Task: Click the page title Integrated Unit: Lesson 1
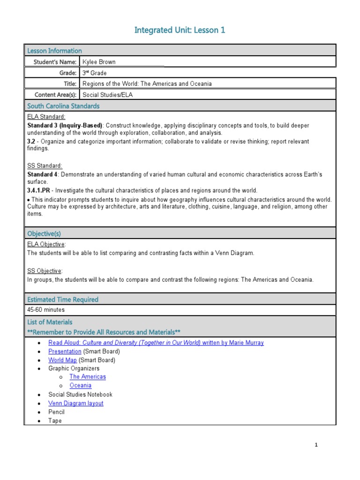(x=180, y=30)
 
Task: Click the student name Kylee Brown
(x=100, y=61)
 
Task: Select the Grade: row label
(x=67, y=73)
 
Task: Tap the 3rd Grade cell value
(x=94, y=73)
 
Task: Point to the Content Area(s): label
(x=55, y=95)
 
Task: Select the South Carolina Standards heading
(x=63, y=106)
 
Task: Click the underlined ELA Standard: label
(x=46, y=117)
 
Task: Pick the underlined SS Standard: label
(x=45, y=165)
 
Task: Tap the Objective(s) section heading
(x=44, y=233)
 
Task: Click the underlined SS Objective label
(x=45, y=271)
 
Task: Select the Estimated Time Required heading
(x=63, y=300)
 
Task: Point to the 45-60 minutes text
(x=46, y=310)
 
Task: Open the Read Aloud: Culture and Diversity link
(x=156, y=343)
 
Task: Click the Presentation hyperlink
(x=65, y=351)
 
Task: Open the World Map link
(x=62, y=360)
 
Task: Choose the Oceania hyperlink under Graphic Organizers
(x=80, y=385)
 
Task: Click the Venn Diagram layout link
(x=75, y=403)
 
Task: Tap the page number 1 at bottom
(x=316, y=445)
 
